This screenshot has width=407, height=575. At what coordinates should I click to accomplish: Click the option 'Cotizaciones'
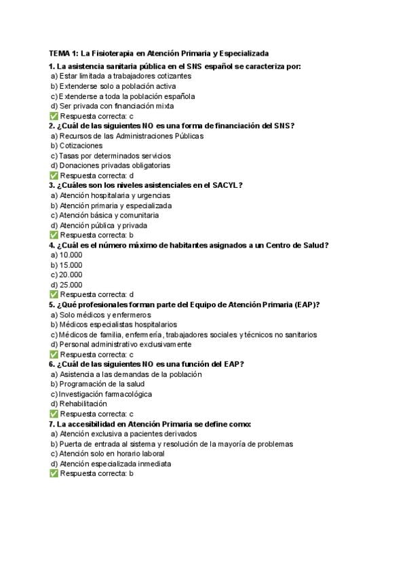pos(81,146)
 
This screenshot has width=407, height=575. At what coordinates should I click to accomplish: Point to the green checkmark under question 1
pos(54,116)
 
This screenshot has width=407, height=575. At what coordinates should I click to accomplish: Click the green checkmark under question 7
pos(54,474)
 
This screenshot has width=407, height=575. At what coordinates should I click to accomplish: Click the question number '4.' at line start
pos(52,245)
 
